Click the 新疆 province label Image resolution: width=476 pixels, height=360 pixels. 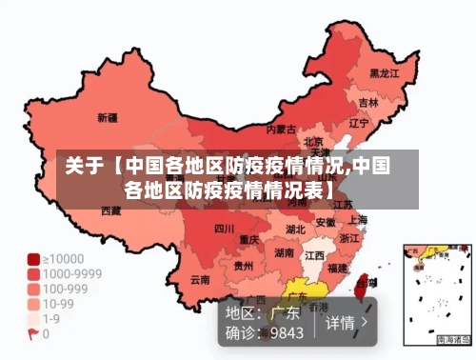coord(108,119)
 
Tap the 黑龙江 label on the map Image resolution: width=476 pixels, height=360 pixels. coord(384,72)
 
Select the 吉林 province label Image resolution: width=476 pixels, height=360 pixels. coord(368,102)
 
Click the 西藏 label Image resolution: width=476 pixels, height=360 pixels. coord(110,210)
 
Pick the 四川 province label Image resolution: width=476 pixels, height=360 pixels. coord(224,229)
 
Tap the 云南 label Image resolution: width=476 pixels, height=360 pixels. coord(200,280)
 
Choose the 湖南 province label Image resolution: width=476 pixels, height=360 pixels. coord(285,253)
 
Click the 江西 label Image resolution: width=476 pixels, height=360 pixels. coord(313,255)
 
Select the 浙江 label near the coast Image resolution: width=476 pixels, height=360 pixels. coord(349,238)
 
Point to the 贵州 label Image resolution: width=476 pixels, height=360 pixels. coord(244,266)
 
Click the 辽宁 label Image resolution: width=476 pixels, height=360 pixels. coord(359,123)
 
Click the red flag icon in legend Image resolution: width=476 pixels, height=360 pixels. coord(33,334)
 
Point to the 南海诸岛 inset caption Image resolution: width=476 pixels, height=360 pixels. coord(452,339)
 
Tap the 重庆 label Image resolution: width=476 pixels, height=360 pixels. coord(249,238)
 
